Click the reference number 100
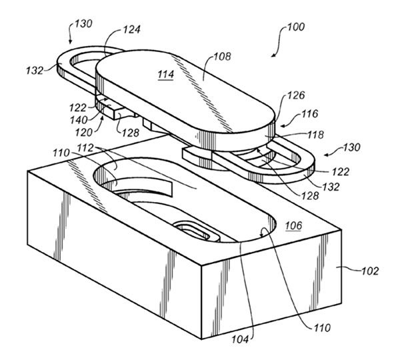click(x=295, y=27)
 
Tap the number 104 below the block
click(x=240, y=339)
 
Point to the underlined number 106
click(x=293, y=225)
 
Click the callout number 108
click(x=222, y=57)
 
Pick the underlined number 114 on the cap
click(x=166, y=75)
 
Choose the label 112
click(x=85, y=148)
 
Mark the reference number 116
click(x=310, y=114)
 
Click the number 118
click(x=315, y=135)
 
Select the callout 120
click(x=84, y=133)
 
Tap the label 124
click(x=131, y=29)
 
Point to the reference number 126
click(x=296, y=95)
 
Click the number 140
click(x=79, y=120)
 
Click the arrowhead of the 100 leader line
click(x=273, y=56)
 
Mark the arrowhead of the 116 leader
click(x=282, y=125)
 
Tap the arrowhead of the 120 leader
click(x=103, y=117)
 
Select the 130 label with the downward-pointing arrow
click(x=83, y=24)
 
